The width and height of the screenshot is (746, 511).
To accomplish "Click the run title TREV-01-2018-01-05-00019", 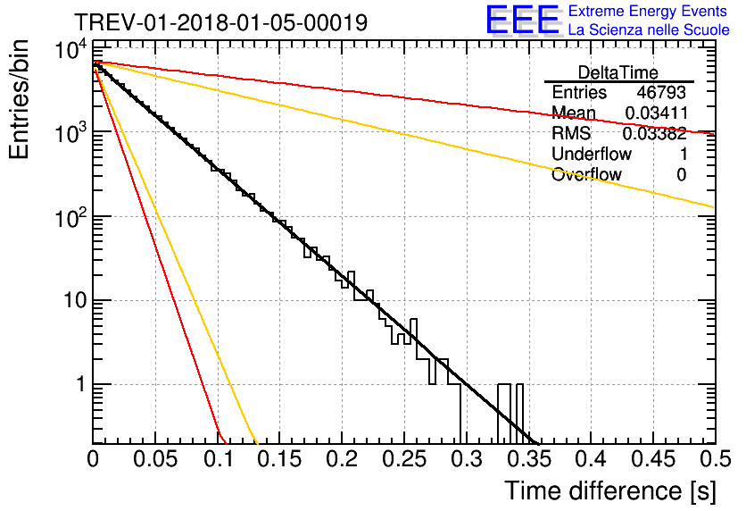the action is coord(221,22).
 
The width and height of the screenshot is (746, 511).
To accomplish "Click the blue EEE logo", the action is coord(522,20).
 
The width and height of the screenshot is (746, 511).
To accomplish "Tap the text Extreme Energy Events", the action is coord(648,11).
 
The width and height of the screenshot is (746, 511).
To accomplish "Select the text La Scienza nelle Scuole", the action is coord(649,29).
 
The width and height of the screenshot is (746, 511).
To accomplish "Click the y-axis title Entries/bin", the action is coord(19,99).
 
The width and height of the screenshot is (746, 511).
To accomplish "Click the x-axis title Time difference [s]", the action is coord(610,491).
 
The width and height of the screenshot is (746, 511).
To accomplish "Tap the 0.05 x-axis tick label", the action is coord(155,459).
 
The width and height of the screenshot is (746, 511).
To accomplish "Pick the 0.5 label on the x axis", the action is coord(715,459).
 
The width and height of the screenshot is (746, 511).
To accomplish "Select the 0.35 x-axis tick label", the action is coord(529,459).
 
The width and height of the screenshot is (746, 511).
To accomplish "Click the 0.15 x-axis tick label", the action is coord(280,459).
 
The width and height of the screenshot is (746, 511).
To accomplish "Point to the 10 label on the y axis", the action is coord(75,300).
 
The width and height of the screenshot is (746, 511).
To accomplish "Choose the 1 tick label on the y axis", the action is coord(80,384).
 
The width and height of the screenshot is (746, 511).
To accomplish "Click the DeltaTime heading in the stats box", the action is coord(618,72).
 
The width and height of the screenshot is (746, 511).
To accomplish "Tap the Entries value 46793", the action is coord(661,92).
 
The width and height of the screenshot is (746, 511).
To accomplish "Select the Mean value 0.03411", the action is coord(656,113).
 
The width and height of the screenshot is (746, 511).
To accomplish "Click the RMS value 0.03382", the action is coord(655,134).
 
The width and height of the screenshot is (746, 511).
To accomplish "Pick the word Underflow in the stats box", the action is coord(592,154).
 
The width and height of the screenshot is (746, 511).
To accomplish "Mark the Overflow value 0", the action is coord(682,175).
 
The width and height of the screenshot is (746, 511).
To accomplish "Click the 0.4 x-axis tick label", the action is coord(591,459).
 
